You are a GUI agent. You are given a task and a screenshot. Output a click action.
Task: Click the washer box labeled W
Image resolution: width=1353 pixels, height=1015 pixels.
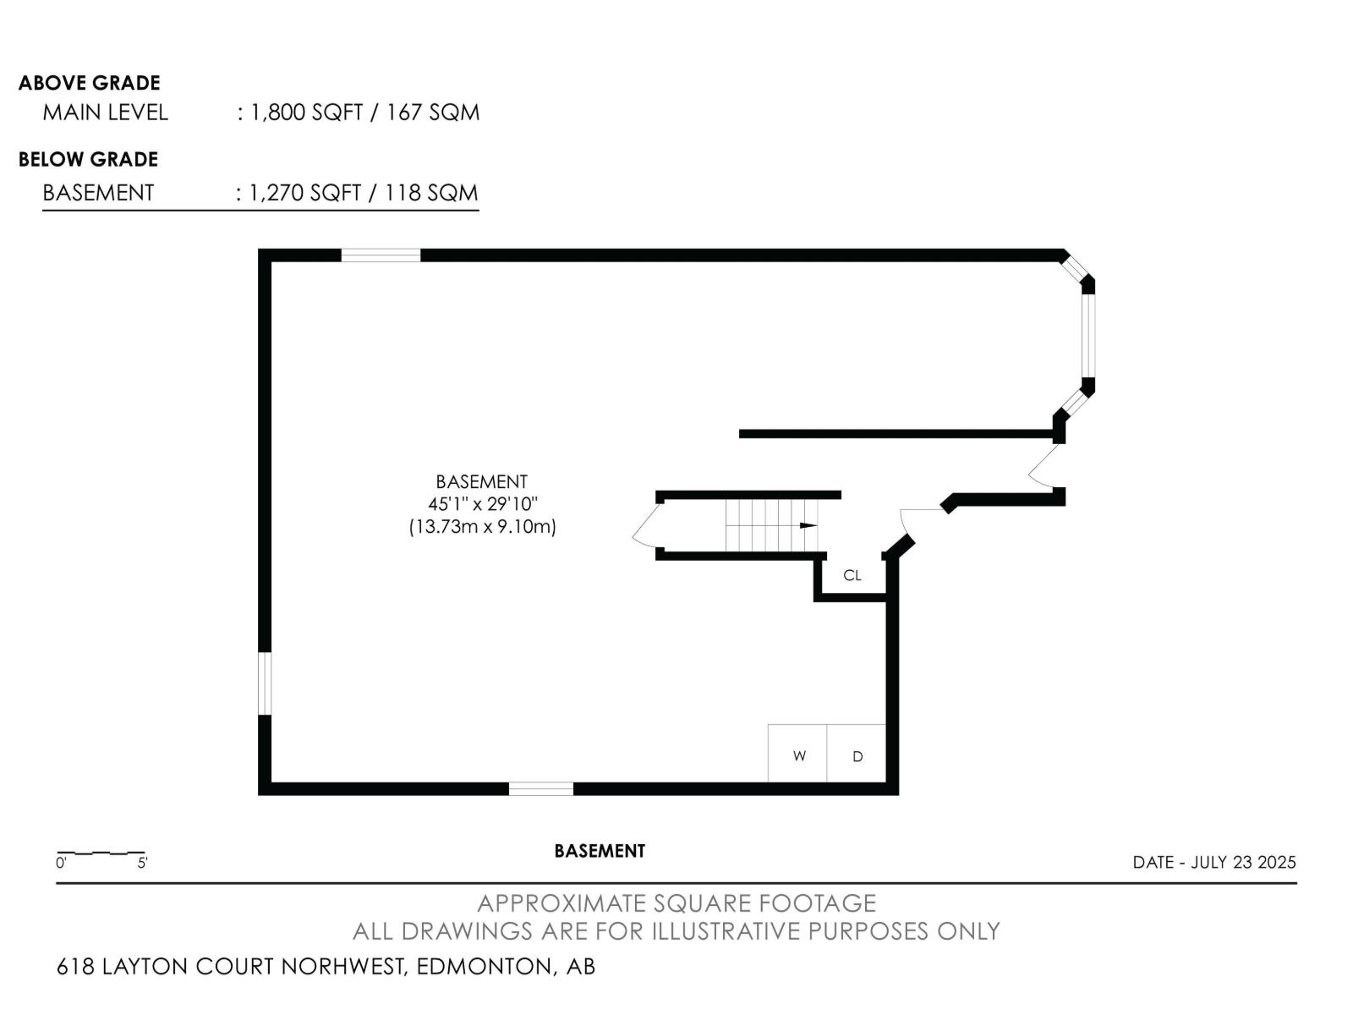[797, 753]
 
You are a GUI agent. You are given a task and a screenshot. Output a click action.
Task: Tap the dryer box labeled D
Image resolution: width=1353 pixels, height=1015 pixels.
[856, 753]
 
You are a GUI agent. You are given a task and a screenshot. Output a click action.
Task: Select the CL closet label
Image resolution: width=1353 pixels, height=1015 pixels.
[852, 575]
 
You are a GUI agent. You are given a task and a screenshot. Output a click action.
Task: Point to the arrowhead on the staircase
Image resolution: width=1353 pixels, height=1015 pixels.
[808, 525]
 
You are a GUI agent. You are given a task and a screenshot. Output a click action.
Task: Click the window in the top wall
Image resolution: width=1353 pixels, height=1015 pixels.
[381, 255]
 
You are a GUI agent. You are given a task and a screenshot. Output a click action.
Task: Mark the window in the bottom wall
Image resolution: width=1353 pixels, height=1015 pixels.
[540, 788]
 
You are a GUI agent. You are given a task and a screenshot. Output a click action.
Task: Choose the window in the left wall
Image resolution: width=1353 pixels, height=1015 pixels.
[265, 683]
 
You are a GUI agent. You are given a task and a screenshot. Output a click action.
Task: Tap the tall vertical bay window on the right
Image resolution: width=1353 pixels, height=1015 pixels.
[1088, 336]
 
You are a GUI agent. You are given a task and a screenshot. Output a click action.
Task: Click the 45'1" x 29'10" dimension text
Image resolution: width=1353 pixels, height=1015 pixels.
[483, 504]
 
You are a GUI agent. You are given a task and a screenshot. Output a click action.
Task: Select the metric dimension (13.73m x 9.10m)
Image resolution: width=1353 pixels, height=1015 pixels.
[483, 527]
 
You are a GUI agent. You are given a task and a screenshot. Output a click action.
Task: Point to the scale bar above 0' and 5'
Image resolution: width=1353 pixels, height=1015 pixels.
[101, 853]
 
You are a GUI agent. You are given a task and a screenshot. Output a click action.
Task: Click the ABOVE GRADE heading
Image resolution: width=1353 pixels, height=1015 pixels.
[90, 83]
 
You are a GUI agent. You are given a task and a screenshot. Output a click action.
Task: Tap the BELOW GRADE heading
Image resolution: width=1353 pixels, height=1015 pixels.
[88, 160]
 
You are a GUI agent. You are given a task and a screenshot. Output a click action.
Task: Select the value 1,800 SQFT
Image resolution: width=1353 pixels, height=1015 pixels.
[306, 112]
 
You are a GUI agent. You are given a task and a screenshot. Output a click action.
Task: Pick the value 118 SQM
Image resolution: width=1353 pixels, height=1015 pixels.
[431, 193]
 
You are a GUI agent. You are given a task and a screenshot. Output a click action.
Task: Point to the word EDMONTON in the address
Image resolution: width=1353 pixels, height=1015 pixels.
[484, 966]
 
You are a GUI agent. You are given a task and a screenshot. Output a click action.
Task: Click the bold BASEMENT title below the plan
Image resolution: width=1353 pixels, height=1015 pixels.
[600, 851]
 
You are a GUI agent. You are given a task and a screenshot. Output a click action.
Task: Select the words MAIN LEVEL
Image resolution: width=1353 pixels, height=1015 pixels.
[106, 112]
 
